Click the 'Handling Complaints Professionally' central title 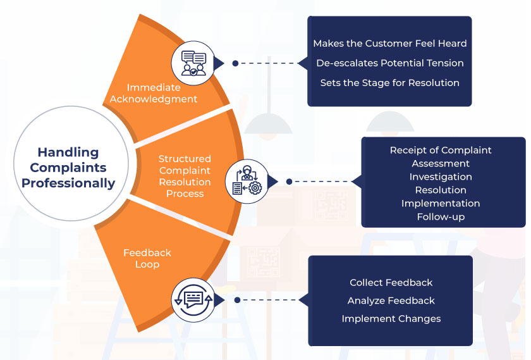click(x=73, y=168)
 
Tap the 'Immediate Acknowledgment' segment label click(x=154, y=93)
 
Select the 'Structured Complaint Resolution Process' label click(x=185, y=176)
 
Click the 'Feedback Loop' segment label click(x=147, y=258)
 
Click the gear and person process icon click(x=246, y=181)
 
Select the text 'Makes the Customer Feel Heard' click(x=390, y=44)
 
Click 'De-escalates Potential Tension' click(x=390, y=63)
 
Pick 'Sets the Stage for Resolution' click(x=390, y=83)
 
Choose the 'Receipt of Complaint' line click(x=441, y=150)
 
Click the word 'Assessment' click(x=441, y=163)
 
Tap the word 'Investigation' click(x=441, y=177)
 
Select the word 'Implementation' click(x=441, y=203)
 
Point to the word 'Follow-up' click(x=441, y=217)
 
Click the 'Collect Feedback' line click(x=391, y=282)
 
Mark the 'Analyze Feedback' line click(x=391, y=301)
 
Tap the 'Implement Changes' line click(x=391, y=318)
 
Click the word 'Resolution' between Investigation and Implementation click(x=441, y=190)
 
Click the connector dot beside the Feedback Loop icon click(x=236, y=300)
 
